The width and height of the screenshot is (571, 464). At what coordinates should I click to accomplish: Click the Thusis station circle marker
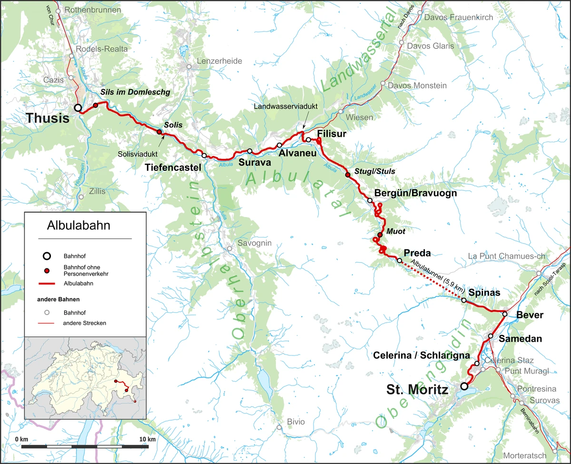coord(78,108)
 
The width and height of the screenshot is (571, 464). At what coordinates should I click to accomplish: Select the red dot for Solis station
coord(159,132)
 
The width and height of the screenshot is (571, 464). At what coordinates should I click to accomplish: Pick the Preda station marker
coord(399,260)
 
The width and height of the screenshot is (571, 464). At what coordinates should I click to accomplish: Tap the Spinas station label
coord(484,293)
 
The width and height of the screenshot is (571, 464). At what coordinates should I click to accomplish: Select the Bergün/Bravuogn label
coord(415,193)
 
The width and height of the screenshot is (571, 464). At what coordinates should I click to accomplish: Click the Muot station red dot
coord(380,235)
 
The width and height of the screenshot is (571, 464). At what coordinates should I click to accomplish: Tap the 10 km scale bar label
coord(147,438)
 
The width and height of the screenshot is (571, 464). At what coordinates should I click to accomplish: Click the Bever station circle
coord(505,314)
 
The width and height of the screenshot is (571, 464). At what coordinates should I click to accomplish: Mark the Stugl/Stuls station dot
coord(347,176)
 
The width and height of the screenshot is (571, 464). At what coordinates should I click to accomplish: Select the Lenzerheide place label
coord(220,61)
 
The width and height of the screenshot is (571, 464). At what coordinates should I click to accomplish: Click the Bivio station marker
coord(279,427)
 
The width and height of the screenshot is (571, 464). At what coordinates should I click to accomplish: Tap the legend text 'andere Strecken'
coord(84,323)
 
